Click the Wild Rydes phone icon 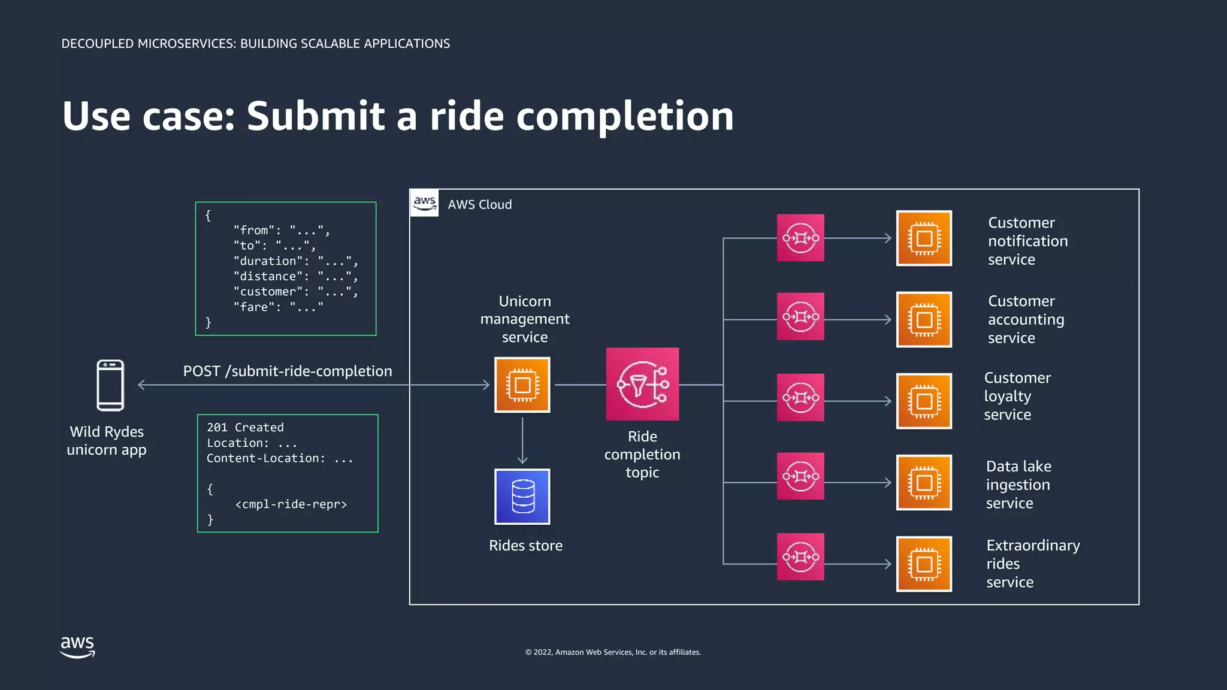click(110, 385)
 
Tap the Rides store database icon click(522, 497)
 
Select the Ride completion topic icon click(642, 384)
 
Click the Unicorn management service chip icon click(522, 385)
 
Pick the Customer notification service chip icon click(924, 238)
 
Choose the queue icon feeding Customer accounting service click(800, 316)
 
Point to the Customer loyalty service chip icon click(924, 401)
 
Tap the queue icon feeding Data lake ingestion click(800, 476)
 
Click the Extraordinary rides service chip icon click(924, 564)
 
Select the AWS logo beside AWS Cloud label click(425, 203)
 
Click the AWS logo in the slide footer click(77, 647)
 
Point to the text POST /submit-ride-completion click(288, 371)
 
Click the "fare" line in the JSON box click(279, 307)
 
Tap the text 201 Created click(245, 428)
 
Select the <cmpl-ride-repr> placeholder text click(291, 504)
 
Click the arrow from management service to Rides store click(522, 441)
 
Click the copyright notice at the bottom click(613, 652)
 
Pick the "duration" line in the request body click(295, 261)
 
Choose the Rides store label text click(525, 546)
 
